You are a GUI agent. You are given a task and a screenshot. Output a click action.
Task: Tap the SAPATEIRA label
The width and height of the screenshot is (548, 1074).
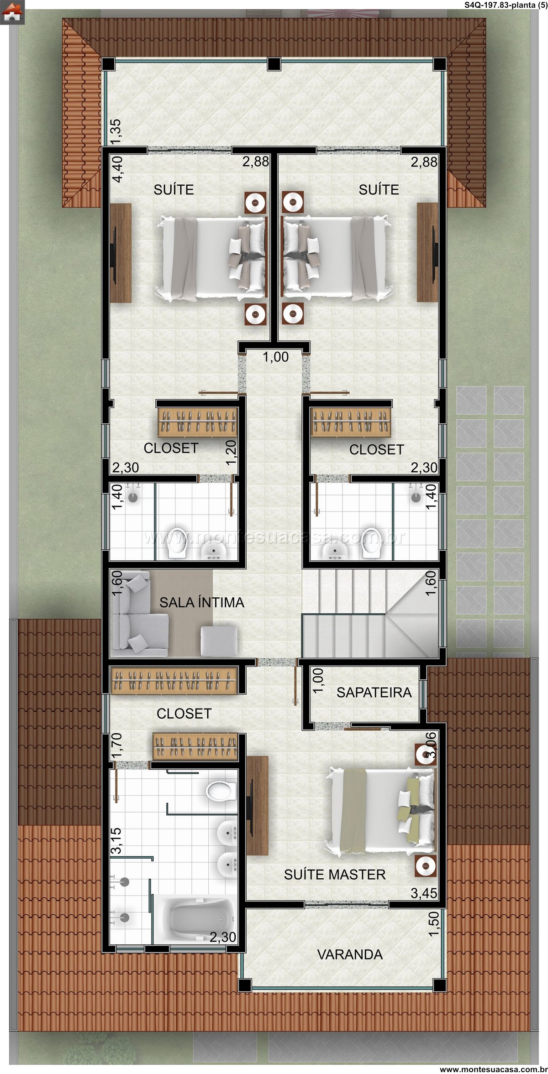point(374,693)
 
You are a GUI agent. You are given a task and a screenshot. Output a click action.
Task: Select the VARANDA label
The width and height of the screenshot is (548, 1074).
point(350,954)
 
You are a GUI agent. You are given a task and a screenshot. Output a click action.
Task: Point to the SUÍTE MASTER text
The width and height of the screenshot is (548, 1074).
point(335,874)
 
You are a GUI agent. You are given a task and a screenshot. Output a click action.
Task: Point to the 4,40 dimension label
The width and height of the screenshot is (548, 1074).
point(117,169)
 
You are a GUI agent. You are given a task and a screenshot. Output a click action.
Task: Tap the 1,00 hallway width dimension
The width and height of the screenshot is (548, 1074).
point(275,357)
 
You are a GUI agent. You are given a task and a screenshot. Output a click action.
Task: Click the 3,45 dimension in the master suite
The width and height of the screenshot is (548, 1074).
point(423,893)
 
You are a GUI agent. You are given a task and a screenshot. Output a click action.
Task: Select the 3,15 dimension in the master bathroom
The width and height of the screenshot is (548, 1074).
point(116,841)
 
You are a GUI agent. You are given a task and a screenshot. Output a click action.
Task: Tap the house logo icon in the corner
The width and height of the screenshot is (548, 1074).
point(12,12)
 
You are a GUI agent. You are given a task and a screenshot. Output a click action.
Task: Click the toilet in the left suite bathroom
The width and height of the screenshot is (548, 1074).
point(177,542)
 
